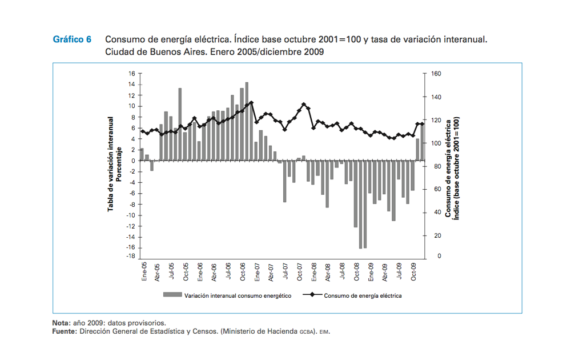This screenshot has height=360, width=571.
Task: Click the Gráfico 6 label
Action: click(72, 40)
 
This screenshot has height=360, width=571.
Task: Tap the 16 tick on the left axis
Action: click(131, 74)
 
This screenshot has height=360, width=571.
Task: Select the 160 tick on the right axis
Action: click(436, 74)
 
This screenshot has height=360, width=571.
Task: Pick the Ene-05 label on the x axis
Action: click(144, 272)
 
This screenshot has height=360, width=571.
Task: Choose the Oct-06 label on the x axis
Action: click(243, 272)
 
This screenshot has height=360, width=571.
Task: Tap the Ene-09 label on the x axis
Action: click(371, 272)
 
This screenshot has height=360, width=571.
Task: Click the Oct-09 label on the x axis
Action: click(413, 272)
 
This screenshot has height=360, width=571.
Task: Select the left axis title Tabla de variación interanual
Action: click(111, 165)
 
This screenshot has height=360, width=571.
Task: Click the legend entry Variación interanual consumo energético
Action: click(238, 296)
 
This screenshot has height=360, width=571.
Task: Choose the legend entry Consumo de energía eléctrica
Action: click(363, 296)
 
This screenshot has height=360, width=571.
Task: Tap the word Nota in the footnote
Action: click(61, 323)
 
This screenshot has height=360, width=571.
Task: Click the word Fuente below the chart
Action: click(63, 331)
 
